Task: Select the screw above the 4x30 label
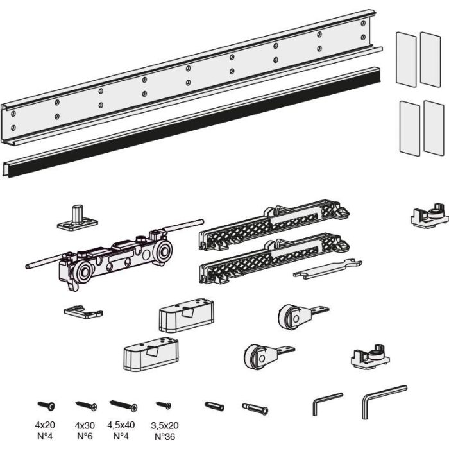86,405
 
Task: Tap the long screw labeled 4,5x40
123,405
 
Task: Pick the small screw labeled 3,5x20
164,405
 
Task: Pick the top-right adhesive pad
432,60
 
